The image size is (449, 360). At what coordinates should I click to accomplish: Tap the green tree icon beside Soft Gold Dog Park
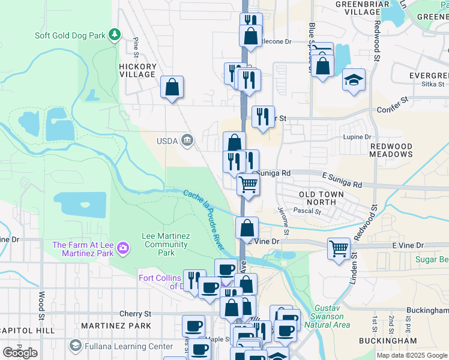(114, 35)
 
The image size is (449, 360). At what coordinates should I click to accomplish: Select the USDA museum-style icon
(187, 140)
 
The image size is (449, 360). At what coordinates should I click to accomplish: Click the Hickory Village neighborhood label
(137, 71)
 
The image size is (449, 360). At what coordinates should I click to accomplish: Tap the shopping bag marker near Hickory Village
(172, 88)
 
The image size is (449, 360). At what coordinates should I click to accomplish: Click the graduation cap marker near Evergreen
(354, 80)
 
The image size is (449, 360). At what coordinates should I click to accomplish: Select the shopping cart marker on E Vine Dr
(339, 248)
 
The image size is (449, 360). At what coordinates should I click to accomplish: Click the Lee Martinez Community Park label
(166, 244)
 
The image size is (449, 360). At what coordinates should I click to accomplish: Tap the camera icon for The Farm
(122, 247)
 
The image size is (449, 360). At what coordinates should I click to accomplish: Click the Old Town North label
(322, 199)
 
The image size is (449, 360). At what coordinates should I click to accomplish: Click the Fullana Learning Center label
(127, 346)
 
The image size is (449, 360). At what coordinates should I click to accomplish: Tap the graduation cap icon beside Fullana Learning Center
(75, 346)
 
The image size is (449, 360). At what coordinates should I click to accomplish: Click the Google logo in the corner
(20, 352)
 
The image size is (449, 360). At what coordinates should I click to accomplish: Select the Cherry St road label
(135, 314)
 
